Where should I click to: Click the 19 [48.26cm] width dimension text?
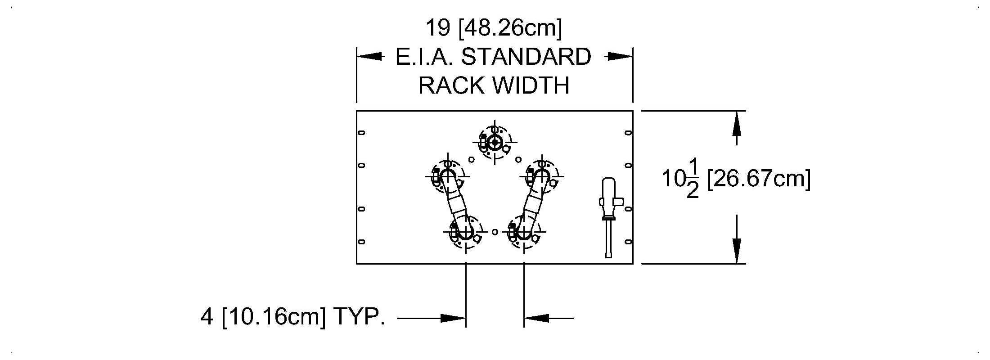494,28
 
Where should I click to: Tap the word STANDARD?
526,57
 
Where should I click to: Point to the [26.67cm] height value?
759,179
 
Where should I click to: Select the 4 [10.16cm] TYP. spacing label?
292,317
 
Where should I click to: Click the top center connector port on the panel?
495,143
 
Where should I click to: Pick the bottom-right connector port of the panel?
524,232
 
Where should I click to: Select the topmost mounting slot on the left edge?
361,132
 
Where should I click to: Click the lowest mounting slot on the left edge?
361,242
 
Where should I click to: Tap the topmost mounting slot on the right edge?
628,132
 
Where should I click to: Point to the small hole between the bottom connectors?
495,232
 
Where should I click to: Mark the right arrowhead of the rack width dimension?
621,57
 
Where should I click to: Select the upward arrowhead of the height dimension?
736,123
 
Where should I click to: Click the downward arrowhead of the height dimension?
736,251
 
